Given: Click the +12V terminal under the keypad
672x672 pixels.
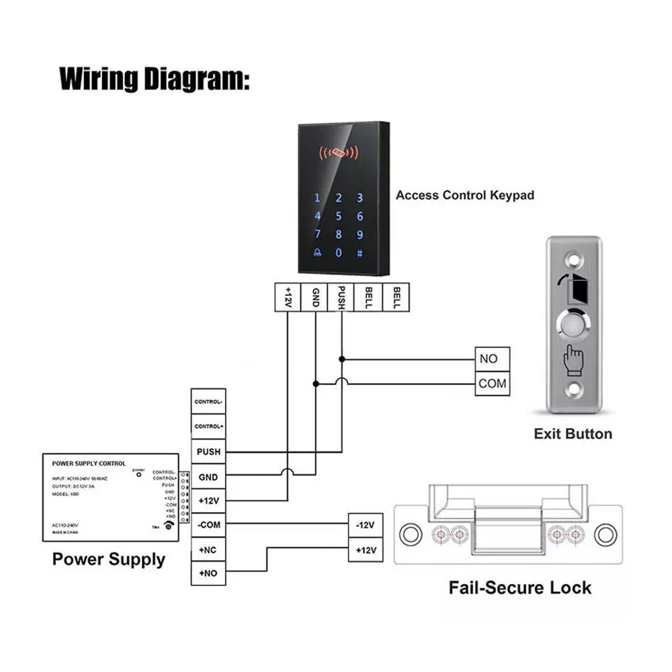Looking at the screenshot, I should tap(288, 296).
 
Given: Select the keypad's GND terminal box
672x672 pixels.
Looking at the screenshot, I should tap(315, 296).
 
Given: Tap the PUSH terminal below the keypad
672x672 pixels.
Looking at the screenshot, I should tap(341, 296).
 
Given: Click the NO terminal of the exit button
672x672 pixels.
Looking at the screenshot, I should tap(492, 359).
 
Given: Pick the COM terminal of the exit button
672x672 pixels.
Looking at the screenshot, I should tap(492, 384).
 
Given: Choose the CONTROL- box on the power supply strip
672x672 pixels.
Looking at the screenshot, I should tap(208, 401).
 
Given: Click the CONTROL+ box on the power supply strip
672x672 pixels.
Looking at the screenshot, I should tap(208, 426).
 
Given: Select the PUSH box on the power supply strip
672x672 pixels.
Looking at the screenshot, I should tap(208, 452).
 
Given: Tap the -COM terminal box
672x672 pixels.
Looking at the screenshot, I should tap(208, 524).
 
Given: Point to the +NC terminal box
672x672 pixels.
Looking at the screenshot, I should tap(208, 549).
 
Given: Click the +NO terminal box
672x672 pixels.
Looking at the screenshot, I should tap(208, 574).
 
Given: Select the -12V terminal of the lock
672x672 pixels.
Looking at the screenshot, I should tap(365, 525).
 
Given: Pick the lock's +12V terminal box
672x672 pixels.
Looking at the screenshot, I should tap(365, 550).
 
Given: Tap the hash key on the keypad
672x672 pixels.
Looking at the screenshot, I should tap(360, 253).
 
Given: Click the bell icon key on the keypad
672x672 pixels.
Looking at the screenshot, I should tap(317, 253).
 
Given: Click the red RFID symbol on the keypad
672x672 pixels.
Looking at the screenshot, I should tap(339, 153).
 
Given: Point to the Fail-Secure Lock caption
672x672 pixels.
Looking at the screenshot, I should tap(520, 588).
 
